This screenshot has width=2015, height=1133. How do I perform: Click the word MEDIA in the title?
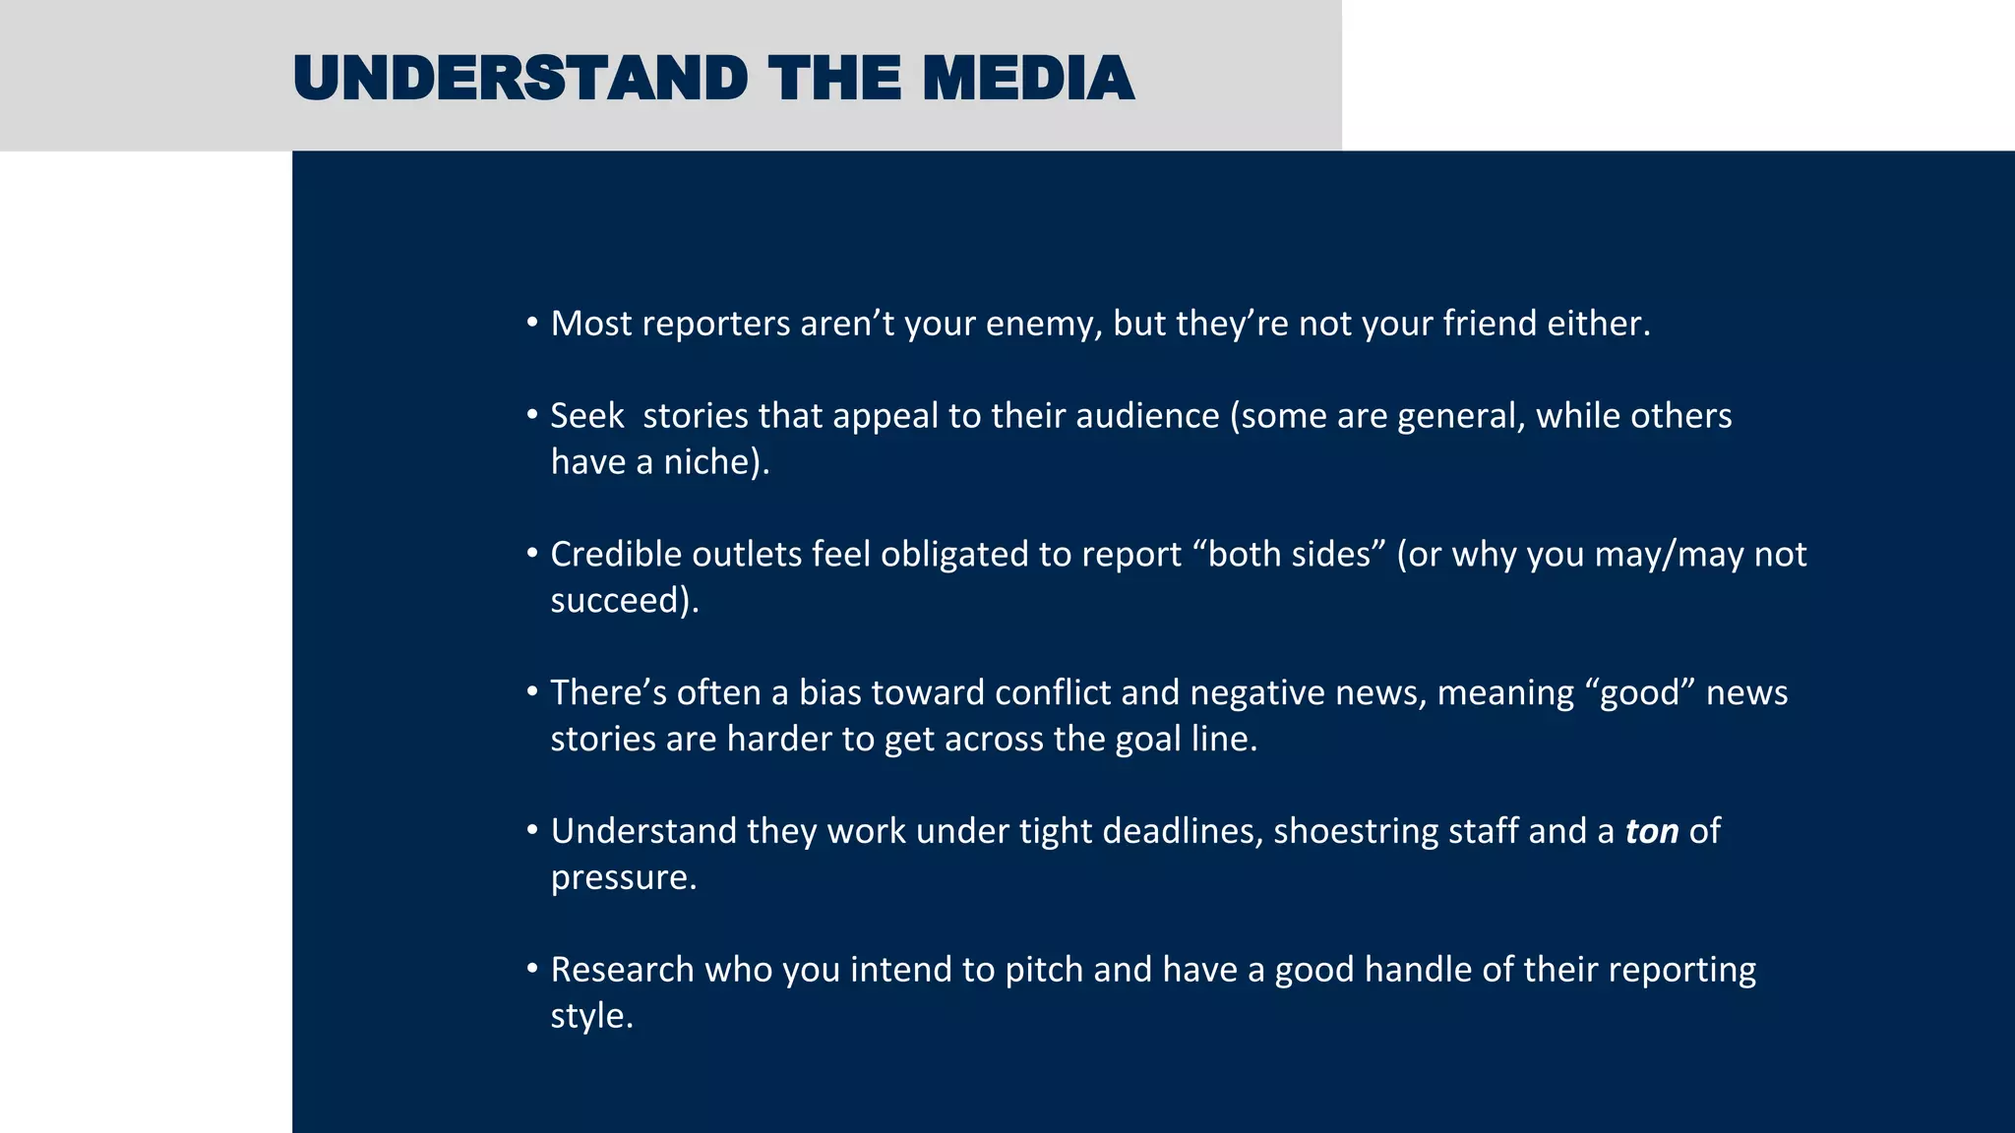(1028, 79)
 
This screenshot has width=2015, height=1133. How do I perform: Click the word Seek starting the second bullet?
(586, 416)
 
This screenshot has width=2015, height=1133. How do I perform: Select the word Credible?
(616, 555)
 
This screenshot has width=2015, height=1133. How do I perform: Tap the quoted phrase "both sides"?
(1289, 555)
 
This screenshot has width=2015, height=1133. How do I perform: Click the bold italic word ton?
(1651, 832)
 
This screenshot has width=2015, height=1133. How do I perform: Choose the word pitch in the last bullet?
(1043, 971)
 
